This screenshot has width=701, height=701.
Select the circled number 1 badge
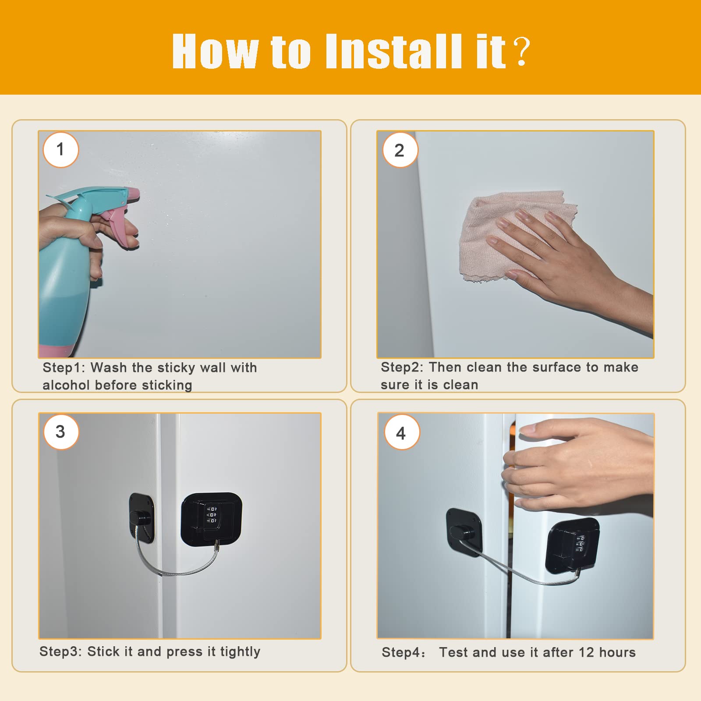click(61, 150)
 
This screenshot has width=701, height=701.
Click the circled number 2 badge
click(400, 150)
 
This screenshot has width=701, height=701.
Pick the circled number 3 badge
click(61, 432)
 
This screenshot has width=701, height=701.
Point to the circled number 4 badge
click(402, 433)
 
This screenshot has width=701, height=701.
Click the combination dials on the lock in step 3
click(212, 515)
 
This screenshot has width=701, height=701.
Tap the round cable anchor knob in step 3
click(141, 520)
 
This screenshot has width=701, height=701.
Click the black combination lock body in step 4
click(573, 545)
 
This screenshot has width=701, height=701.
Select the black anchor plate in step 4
click(464, 532)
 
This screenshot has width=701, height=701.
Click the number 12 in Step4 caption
click(586, 652)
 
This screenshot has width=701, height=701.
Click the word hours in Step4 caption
click(617, 652)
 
